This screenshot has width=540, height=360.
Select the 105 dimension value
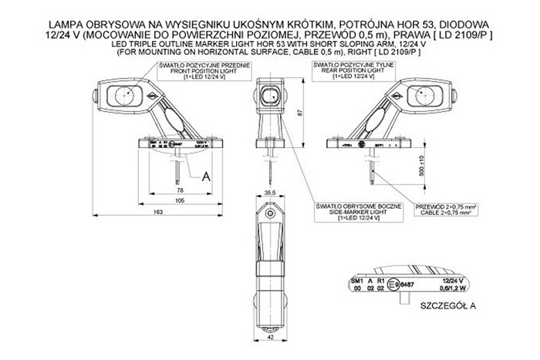point(180,200)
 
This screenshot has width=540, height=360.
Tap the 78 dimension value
point(180,188)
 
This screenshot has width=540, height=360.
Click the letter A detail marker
point(205,176)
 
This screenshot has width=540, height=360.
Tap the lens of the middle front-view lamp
point(270,97)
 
